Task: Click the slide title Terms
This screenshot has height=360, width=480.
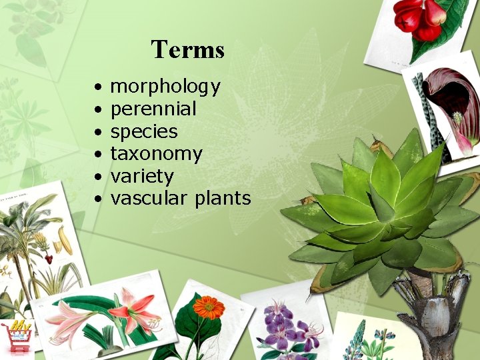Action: tap(187, 49)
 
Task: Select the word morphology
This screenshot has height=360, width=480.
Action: tap(165, 87)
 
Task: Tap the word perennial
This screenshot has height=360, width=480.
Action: tap(153, 109)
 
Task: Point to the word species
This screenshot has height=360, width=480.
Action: tap(143, 131)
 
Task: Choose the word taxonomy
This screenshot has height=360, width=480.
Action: tap(155, 154)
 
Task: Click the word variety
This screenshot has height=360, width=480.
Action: tap(141, 177)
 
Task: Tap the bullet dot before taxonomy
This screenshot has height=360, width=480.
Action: tap(98, 155)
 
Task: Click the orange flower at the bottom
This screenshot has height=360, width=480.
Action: tap(209, 307)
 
